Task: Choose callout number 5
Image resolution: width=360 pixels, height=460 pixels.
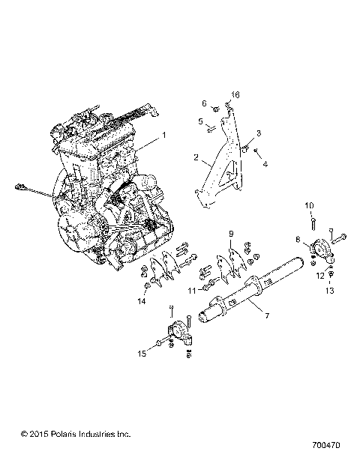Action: tap(201, 121)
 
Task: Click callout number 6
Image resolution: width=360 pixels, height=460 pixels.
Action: tap(202, 103)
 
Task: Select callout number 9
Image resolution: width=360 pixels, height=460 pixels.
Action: tap(231, 234)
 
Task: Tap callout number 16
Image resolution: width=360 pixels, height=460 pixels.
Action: tap(235, 95)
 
